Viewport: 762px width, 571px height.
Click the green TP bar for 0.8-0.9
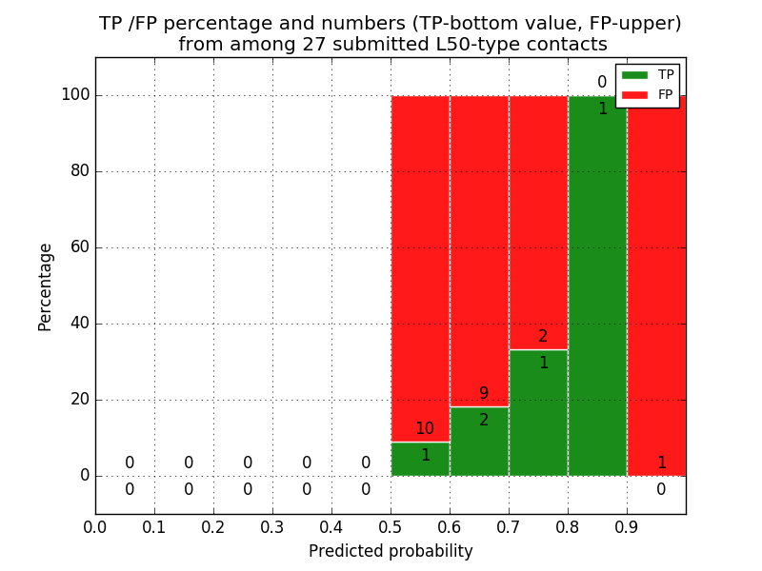point(597,285)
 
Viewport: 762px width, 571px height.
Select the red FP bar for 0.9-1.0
point(656,285)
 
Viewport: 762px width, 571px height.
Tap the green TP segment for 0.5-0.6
point(420,459)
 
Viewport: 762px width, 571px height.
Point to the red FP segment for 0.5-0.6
point(420,266)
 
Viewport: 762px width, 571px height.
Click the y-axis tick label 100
point(75,95)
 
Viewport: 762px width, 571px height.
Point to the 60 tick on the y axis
point(80,247)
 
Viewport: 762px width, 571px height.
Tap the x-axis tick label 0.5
point(391,526)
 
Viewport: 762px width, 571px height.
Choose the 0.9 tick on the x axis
point(627,526)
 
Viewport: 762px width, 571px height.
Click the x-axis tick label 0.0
point(95,526)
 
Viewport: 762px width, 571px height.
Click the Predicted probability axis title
point(391,551)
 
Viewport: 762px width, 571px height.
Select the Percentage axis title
point(45,286)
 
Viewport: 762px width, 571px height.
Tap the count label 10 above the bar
point(424,429)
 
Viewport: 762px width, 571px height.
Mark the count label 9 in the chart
point(484,394)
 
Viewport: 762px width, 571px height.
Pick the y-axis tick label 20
point(80,400)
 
